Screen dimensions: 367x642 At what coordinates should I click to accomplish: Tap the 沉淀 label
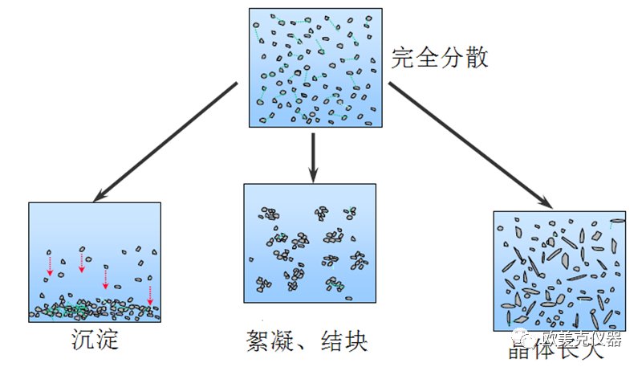[x=94, y=340]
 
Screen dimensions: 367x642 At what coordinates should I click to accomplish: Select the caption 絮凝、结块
[x=307, y=341]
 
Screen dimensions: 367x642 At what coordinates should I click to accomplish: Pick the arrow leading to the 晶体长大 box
[x=469, y=145]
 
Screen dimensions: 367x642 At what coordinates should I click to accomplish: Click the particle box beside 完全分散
[x=315, y=67]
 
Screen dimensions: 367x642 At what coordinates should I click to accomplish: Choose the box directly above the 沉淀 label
[x=95, y=262]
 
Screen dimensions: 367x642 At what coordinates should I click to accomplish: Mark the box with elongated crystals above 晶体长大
[x=559, y=270]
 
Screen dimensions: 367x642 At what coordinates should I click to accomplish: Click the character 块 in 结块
[x=356, y=341]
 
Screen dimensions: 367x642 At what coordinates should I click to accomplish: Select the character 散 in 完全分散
[x=476, y=58]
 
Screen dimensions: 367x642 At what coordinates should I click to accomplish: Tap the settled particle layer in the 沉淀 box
[x=95, y=310]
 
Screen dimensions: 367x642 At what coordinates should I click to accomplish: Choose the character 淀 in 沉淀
[x=108, y=340]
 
